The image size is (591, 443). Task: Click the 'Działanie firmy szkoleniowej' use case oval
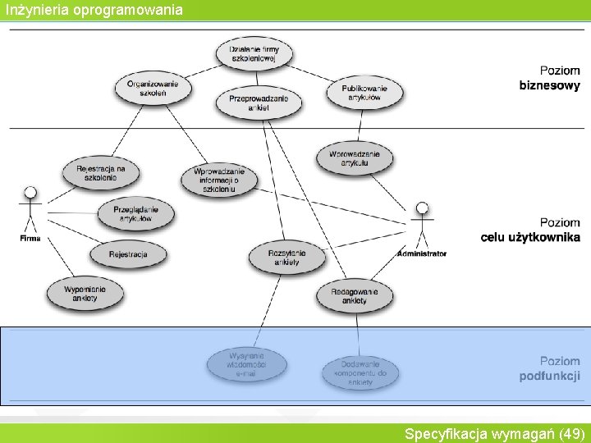[x=254, y=54]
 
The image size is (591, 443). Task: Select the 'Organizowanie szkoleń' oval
[x=153, y=88]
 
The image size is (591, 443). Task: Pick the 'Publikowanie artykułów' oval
[x=364, y=92]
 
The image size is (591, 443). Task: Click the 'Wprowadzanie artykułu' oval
[x=354, y=158]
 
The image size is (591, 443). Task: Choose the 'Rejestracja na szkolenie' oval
[x=101, y=173]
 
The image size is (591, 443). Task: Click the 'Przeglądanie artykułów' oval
[x=135, y=213]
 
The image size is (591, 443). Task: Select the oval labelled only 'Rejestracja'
[x=128, y=254]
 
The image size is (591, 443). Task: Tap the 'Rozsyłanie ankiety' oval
[x=286, y=258]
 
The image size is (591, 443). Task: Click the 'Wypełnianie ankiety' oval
[x=85, y=293]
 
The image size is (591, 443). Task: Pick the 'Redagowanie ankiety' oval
[x=355, y=296]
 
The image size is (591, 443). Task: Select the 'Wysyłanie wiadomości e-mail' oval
[x=246, y=364]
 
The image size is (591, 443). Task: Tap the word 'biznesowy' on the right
[x=549, y=85]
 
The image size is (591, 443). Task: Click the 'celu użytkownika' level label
[x=530, y=238]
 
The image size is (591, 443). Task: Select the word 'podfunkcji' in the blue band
[x=549, y=377]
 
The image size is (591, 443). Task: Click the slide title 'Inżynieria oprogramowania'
[x=92, y=10]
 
